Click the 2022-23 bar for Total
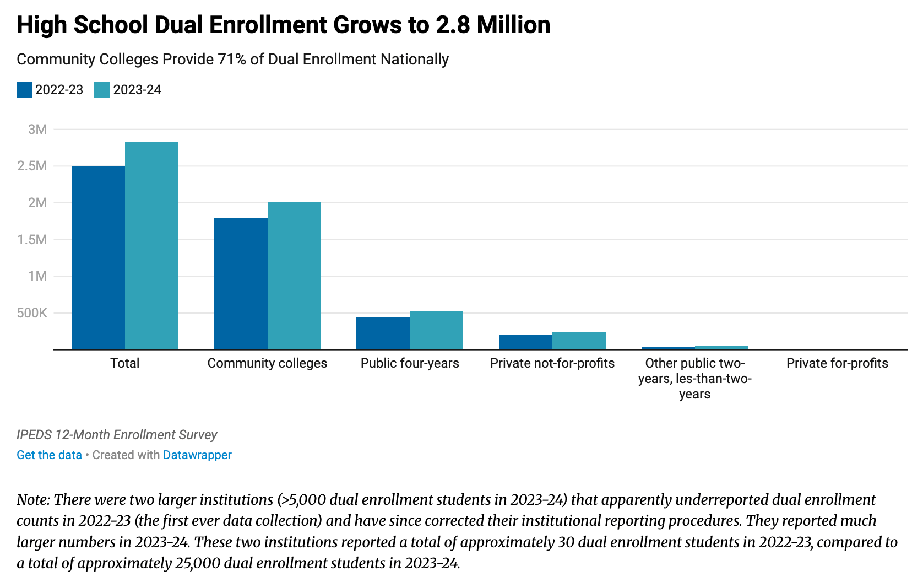[x=98, y=257]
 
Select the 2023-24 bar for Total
[x=151, y=246]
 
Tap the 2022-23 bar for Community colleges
[x=241, y=283]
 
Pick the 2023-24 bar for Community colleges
[x=294, y=276]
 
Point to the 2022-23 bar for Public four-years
[x=383, y=333]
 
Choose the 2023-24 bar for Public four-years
[x=436, y=330]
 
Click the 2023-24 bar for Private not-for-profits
[x=579, y=341]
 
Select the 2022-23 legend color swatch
[x=24, y=90]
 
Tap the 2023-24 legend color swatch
[x=102, y=90]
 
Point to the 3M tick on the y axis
[x=37, y=130]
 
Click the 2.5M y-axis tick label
[x=32, y=166]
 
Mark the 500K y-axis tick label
[x=32, y=313]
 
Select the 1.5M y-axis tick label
[x=32, y=240]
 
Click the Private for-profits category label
[x=837, y=363]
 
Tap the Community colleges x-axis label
[x=267, y=363]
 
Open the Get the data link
[x=49, y=455]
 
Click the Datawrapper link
[x=197, y=455]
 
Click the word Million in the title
[x=513, y=25]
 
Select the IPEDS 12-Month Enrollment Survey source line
[x=117, y=435]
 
